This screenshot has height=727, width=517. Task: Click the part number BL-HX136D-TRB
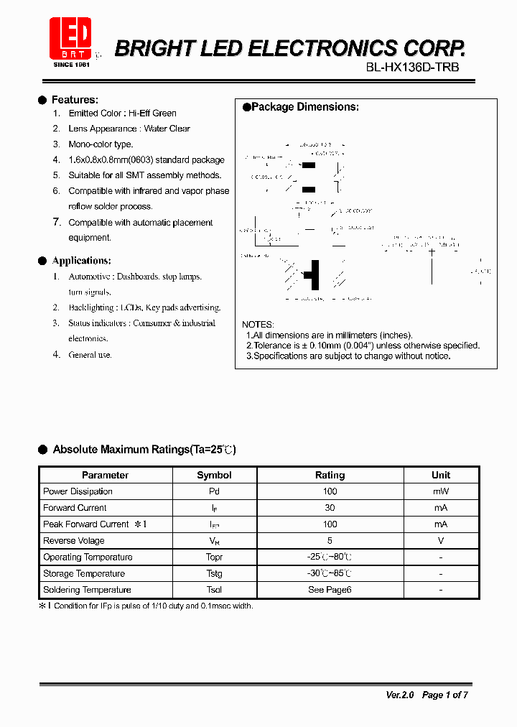[412, 68]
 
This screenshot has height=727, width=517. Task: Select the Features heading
[75, 100]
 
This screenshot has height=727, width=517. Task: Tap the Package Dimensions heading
[304, 107]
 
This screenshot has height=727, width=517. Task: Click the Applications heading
[81, 261]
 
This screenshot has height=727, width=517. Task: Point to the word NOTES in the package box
[258, 325]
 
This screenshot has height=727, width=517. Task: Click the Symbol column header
[214, 475]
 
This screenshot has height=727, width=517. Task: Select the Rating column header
[330, 475]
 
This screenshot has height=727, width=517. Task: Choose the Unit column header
[441, 475]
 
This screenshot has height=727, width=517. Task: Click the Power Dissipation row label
[78, 491]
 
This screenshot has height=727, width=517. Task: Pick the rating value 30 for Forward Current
[330, 508]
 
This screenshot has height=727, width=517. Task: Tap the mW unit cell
[441, 491]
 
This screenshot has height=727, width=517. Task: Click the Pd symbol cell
[214, 491]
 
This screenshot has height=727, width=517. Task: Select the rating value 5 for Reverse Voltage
[330, 541]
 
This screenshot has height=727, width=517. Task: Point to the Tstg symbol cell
[214, 573]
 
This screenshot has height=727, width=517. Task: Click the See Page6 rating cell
[330, 590]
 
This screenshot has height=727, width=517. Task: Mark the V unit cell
[441, 541]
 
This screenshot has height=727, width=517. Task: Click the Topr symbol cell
[214, 557]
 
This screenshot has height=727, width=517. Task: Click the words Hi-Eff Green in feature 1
[152, 114]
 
